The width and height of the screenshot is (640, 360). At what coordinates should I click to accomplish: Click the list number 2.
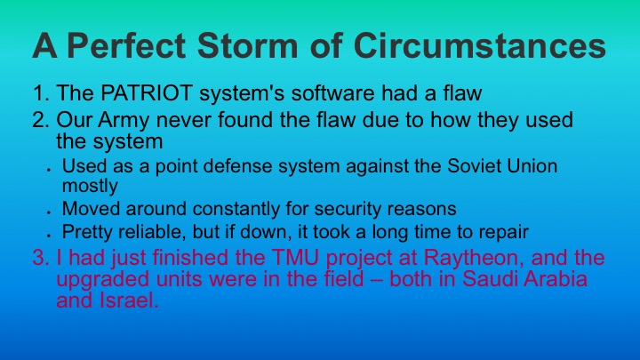coord(36,119)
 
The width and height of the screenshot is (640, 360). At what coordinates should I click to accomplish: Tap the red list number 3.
coord(36,259)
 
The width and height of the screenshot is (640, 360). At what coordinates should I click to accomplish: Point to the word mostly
coord(90,186)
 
